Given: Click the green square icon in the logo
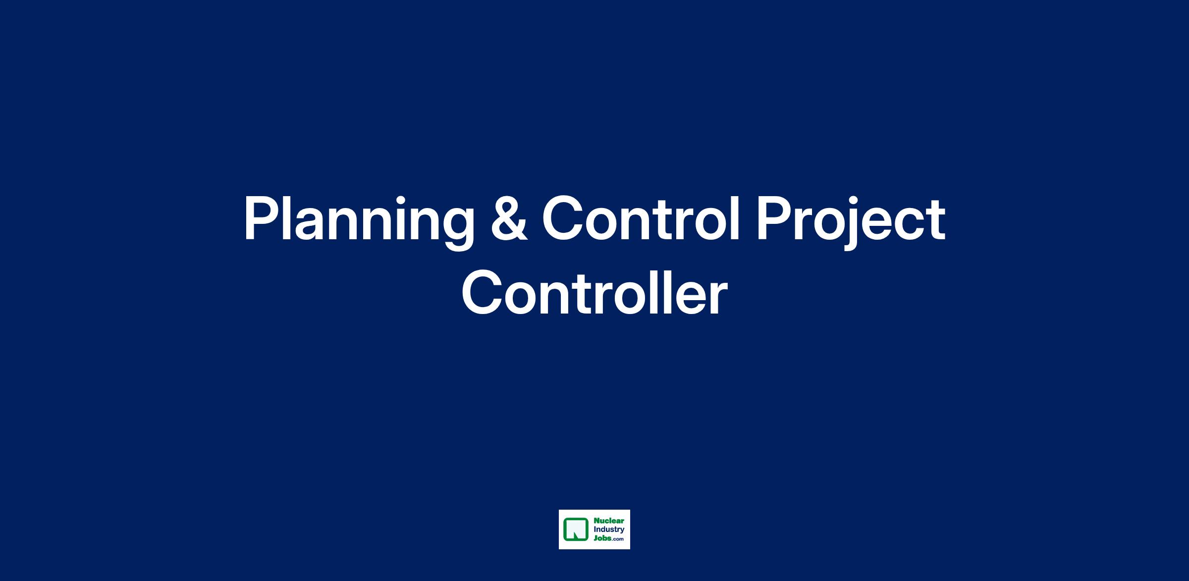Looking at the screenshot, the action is pyautogui.click(x=576, y=529).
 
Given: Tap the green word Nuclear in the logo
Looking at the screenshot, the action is pyautogui.click(x=609, y=521).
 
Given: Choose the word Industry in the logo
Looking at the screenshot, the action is pyautogui.click(x=609, y=530).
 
